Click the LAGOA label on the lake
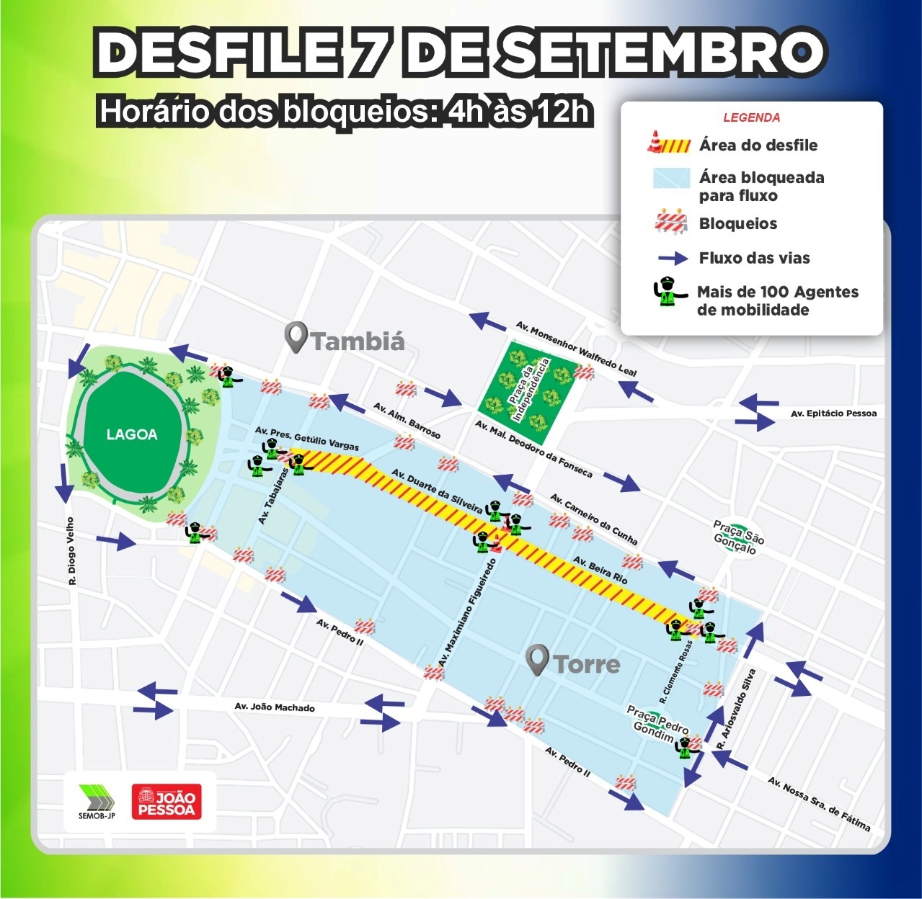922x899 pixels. click(x=132, y=434)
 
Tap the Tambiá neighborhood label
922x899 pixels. click(x=358, y=340)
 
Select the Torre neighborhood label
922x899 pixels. click(x=586, y=663)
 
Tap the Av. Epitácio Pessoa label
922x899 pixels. click(x=833, y=413)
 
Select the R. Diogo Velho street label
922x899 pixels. click(x=71, y=550)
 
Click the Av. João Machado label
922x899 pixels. click(x=275, y=707)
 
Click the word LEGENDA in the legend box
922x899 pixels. click(x=751, y=117)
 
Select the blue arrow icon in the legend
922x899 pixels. click(x=672, y=258)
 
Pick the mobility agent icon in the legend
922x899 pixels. click(x=670, y=292)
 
